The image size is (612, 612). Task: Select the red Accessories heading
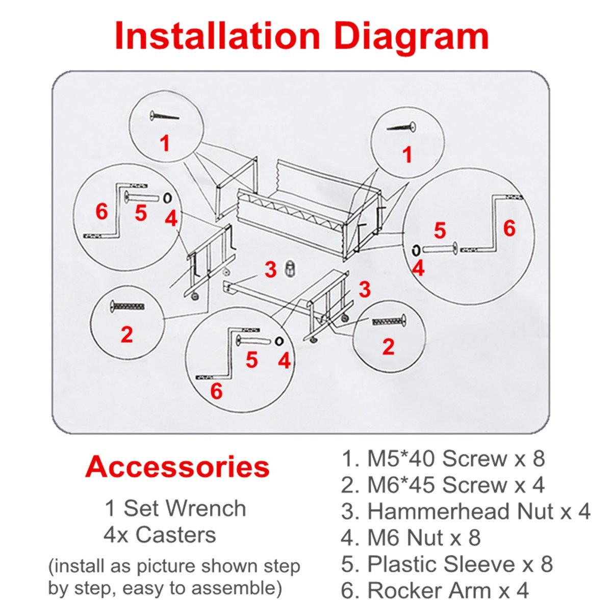coord(177,467)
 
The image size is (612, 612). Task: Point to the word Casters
coord(176,535)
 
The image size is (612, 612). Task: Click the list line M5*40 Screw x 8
coord(443,459)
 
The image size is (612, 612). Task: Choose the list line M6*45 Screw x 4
coord(443,485)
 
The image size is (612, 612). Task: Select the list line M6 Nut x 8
coord(411,538)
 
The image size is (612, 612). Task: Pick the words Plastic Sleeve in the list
coord(441,564)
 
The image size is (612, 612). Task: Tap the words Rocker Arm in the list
coord(429,591)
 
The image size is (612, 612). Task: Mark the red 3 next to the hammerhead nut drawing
coord(271,270)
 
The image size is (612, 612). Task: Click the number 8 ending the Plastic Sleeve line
coord(547,564)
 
